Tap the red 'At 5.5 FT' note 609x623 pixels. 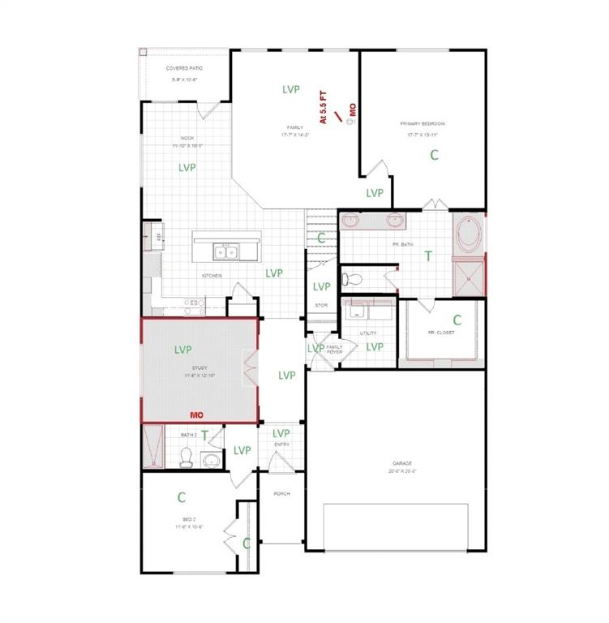click(322, 107)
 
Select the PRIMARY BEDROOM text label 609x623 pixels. click(422, 124)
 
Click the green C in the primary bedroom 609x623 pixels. click(434, 154)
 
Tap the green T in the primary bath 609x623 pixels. click(428, 256)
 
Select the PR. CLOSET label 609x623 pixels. click(441, 333)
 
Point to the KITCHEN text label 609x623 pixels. click(212, 276)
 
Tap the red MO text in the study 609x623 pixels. click(195, 415)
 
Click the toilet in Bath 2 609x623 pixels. click(185, 459)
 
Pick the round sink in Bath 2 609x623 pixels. click(211, 461)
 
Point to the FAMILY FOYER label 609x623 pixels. click(334, 350)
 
